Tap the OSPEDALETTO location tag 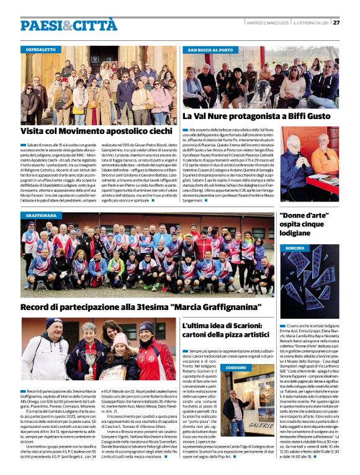pyautogui.click(x=42, y=49)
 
